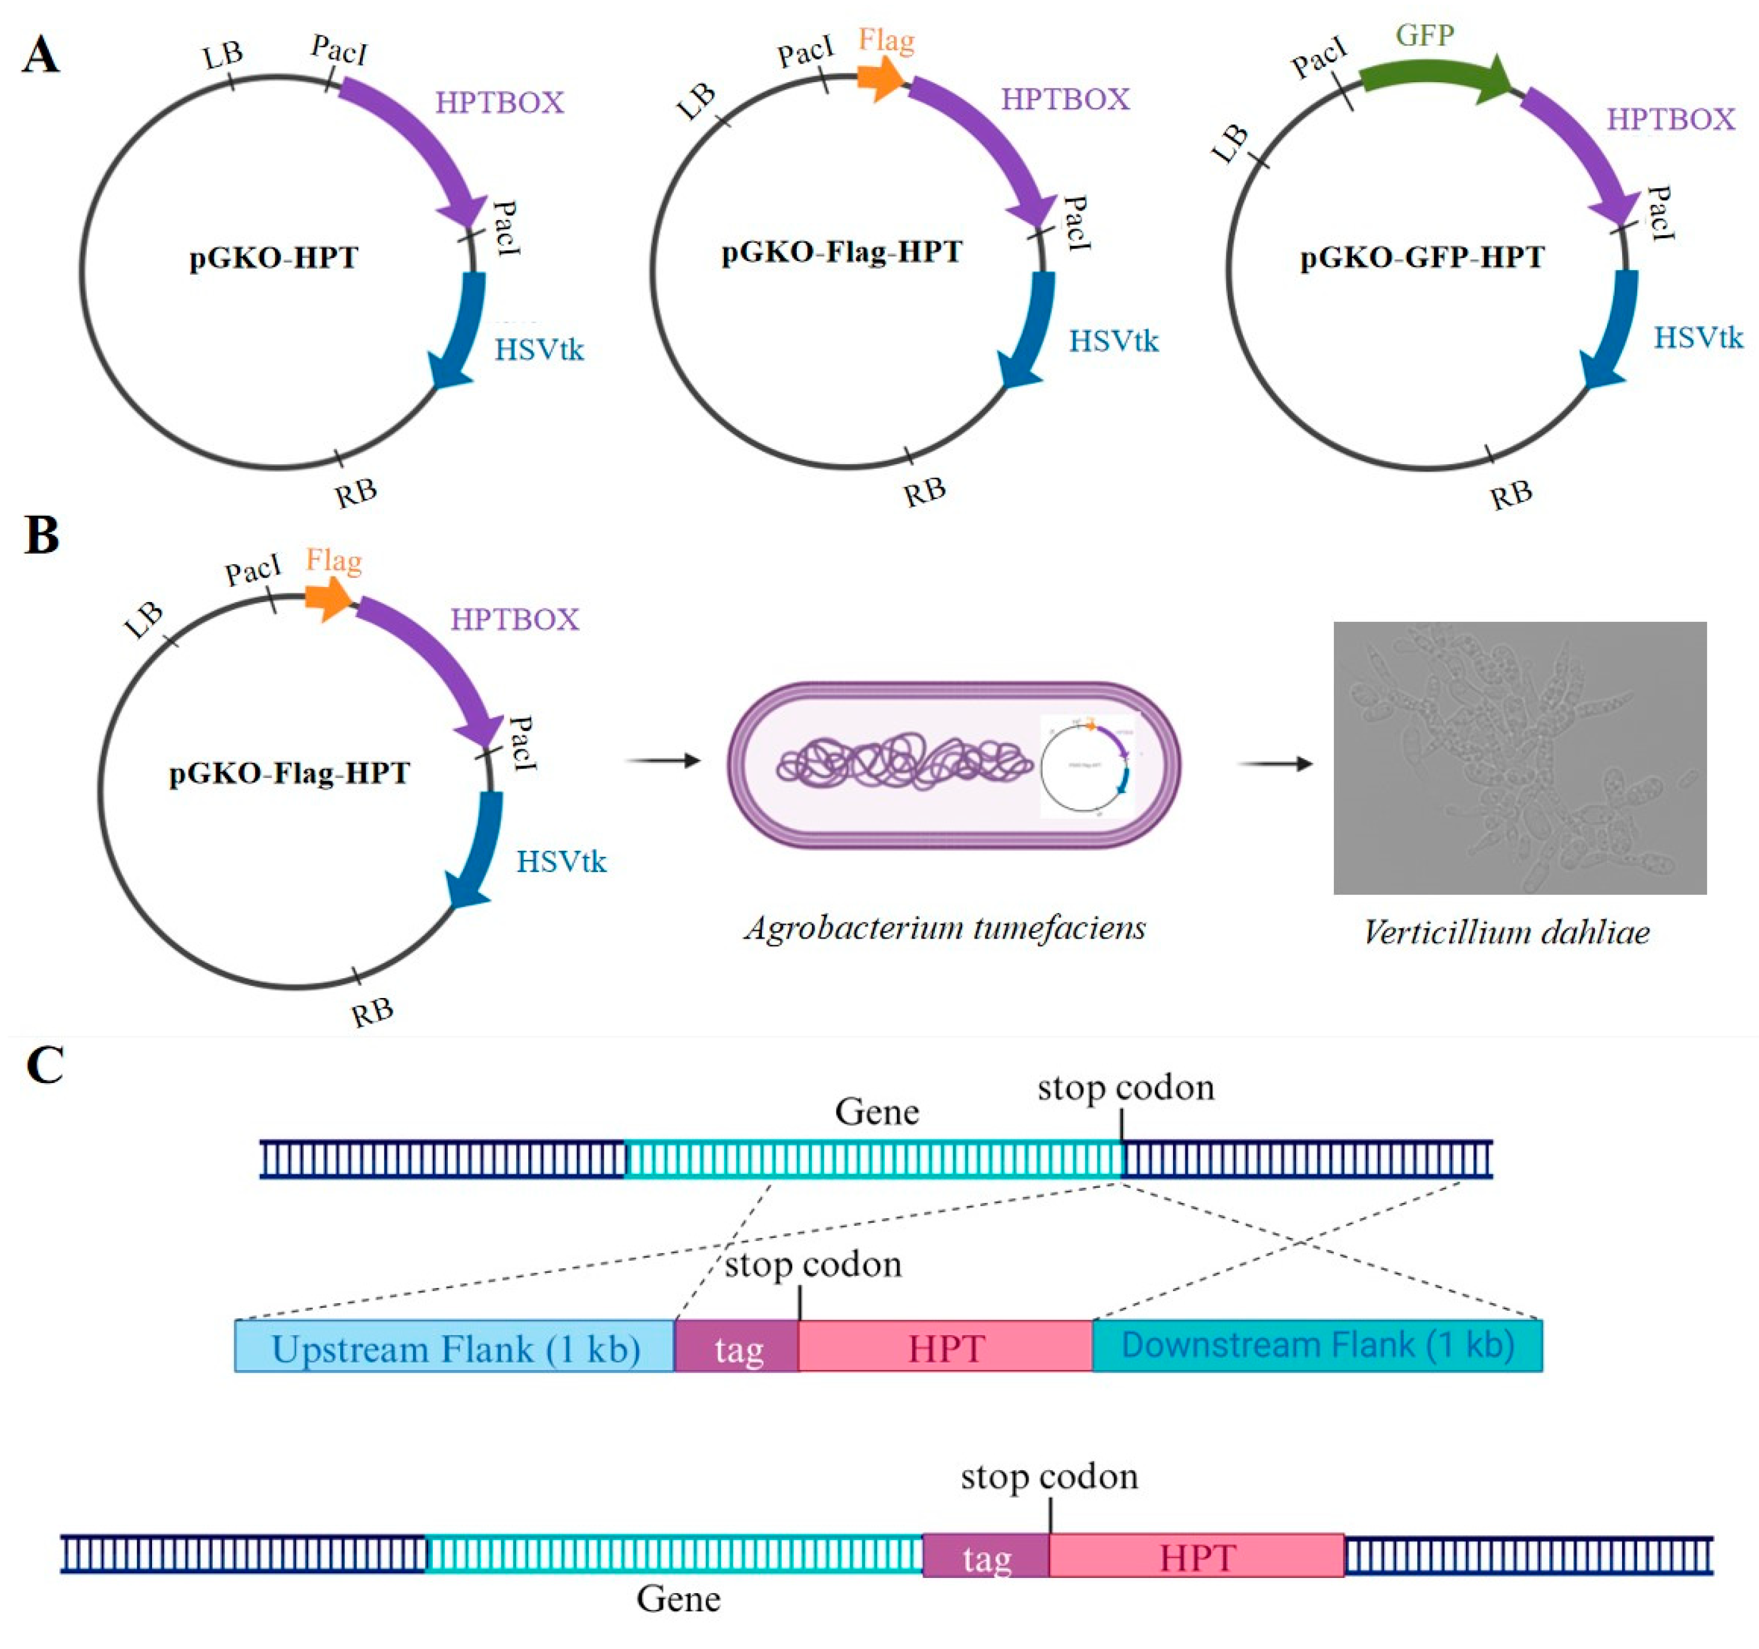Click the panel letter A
pos(41,56)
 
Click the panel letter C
pos(44,1065)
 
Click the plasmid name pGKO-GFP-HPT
pos(1422,257)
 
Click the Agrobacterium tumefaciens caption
pos(944,927)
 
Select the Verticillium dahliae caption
pos(1506,932)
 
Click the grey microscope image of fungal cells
pos(1519,758)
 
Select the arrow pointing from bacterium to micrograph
pos(1275,763)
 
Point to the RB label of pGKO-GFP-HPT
pos(1510,494)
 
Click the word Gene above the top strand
pos(876,1111)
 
